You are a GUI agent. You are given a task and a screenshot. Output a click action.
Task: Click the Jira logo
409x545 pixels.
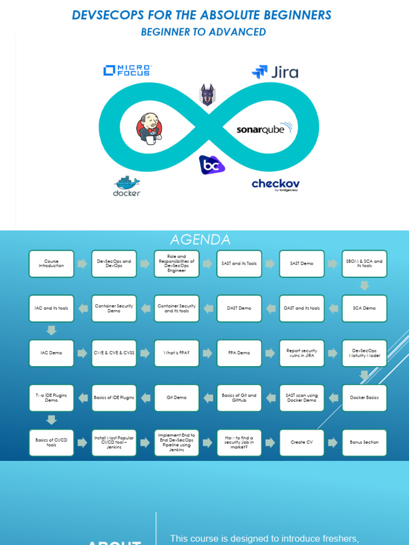[x=275, y=72]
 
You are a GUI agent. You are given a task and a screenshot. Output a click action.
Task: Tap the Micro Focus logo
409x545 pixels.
[x=127, y=70]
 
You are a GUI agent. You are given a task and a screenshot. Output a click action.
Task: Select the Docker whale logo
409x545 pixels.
[x=127, y=186]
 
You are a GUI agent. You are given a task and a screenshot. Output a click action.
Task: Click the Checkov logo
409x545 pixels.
[x=275, y=185]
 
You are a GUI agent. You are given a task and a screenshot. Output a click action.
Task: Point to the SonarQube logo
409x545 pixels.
[x=265, y=129]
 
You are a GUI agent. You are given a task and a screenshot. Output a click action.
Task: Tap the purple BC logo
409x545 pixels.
[x=212, y=164]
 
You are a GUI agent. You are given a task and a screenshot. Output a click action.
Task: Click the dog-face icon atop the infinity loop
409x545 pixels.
[x=207, y=95]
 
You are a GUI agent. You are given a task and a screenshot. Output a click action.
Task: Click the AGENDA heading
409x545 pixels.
[x=200, y=240]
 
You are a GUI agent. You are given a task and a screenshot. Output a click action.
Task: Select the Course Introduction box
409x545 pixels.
[x=51, y=263]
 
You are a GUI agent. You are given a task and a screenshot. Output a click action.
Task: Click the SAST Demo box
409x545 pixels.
[x=301, y=263]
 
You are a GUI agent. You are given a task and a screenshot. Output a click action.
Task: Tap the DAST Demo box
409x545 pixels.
[x=239, y=308]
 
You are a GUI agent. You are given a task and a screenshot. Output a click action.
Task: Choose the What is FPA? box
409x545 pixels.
[x=176, y=353]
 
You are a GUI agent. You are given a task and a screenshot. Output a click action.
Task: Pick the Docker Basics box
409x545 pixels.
[x=364, y=398]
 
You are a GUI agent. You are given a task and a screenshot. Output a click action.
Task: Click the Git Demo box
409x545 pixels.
[x=176, y=398]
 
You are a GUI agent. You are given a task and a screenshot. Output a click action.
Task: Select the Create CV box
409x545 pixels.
[x=301, y=442]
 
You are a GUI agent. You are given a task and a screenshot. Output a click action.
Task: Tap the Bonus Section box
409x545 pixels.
[x=364, y=442]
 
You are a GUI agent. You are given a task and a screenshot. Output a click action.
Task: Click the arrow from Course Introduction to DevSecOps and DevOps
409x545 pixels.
[x=83, y=263]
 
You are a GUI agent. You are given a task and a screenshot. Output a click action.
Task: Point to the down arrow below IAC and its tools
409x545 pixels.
[x=51, y=331]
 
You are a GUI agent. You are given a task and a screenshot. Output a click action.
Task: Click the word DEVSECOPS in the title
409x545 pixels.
[x=106, y=15]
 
